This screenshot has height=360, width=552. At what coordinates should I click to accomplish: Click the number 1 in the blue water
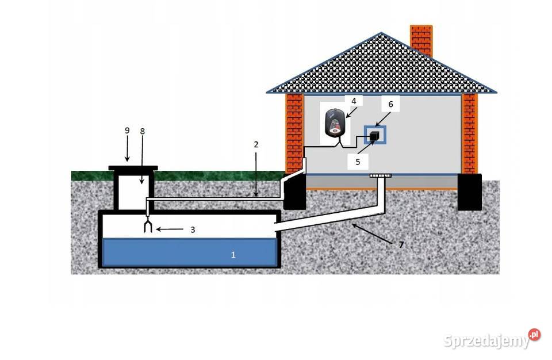click(x=233, y=254)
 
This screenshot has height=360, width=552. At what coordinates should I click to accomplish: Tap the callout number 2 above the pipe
click(x=256, y=144)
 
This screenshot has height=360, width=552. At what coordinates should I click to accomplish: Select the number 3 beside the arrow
click(x=193, y=229)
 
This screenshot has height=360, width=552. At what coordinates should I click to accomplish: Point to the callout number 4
click(x=354, y=101)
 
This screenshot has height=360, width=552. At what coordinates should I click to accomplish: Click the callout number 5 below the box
click(x=358, y=162)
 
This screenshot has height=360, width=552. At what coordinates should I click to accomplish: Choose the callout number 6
click(x=390, y=105)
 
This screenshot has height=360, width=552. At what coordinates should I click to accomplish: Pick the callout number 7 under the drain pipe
click(x=401, y=244)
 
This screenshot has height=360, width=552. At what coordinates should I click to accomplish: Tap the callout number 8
click(x=143, y=131)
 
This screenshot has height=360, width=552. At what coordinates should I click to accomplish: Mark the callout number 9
click(x=127, y=131)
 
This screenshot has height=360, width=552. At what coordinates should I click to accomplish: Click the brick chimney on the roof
click(x=421, y=39)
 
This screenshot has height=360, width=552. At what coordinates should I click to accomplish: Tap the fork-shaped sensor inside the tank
click(x=148, y=226)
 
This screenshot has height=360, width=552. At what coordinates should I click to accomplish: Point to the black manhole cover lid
click(x=133, y=168)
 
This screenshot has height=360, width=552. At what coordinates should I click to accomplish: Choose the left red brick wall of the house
click(x=294, y=133)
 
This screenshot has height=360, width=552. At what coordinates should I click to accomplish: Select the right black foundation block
click(x=470, y=192)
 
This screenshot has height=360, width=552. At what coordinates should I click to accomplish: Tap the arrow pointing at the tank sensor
click(x=171, y=229)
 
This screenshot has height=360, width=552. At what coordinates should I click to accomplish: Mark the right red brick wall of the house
click(x=469, y=133)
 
